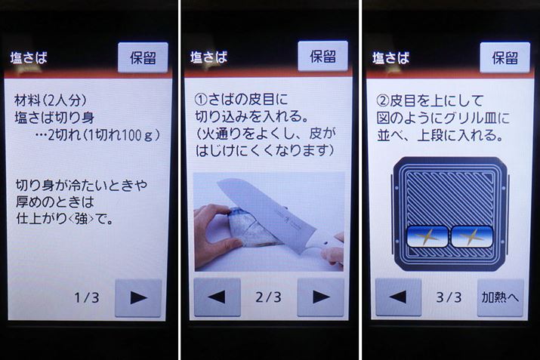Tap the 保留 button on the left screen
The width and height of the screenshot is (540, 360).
click(x=143, y=57)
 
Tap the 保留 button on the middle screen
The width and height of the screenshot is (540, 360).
click(x=322, y=56)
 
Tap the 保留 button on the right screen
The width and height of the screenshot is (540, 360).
click(x=505, y=57)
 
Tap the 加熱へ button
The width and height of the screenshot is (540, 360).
click(x=500, y=297)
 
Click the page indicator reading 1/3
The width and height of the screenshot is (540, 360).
click(x=87, y=297)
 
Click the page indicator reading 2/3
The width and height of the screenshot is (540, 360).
click(x=268, y=297)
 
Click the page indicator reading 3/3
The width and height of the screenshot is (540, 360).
click(x=449, y=297)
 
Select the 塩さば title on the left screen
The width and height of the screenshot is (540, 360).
click(x=29, y=58)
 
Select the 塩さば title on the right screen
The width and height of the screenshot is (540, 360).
click(x=391, y=58)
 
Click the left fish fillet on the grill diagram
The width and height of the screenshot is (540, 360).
click(x=427, y=236)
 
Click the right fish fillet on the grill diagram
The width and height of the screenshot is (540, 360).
click(x=472, y=236)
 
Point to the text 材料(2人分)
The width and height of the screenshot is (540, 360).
click(x=51, y=100)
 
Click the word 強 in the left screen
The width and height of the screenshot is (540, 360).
click(x=82, y=219)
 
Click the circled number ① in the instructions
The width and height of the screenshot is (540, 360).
click(x=200, y=100)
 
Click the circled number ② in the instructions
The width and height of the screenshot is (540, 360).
click(x=383, y=101)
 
